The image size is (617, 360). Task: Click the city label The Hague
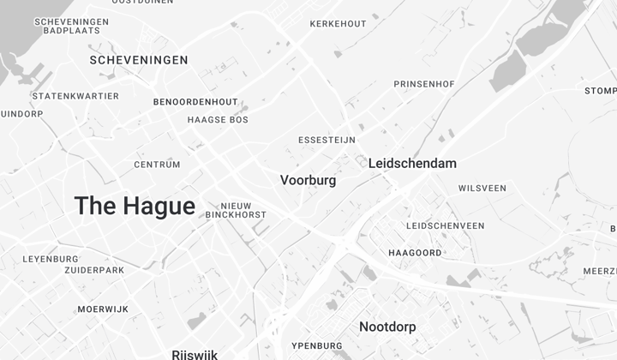[135, 207]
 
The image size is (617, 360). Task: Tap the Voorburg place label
[308, 181]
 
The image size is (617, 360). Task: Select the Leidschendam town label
[412, 163]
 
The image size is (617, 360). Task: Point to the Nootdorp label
[387, 327]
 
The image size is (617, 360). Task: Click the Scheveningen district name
[139, 60]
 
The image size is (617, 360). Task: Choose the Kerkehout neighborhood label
[338, 23]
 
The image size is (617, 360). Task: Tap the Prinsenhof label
[424, 84]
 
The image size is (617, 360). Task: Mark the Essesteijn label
[326, 140]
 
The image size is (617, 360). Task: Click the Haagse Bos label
[218, 120]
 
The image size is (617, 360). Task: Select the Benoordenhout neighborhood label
[195, 102]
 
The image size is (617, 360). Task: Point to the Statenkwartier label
[75, 96]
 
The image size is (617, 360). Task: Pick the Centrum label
[158, 165]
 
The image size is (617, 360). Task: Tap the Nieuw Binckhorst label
[236, 210]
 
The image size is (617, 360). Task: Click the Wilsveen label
[482, 189]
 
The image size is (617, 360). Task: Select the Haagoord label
[416, 254]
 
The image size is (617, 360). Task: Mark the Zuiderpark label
[94, 270]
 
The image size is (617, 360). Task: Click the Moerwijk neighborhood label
[103, 309]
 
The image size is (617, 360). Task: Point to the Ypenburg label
[317, 346]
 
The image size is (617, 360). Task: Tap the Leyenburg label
[51, 258]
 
